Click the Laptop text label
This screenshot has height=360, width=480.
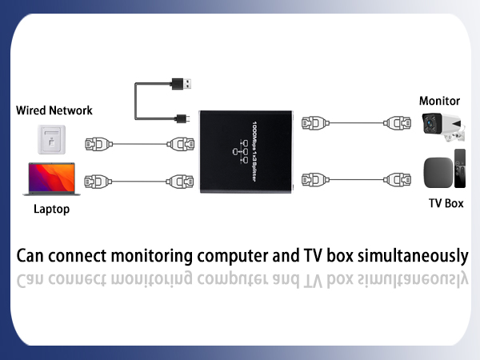[x=51, y=210]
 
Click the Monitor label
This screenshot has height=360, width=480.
[x=439, y=101]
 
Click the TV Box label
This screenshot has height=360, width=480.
[x=446, y=203]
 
